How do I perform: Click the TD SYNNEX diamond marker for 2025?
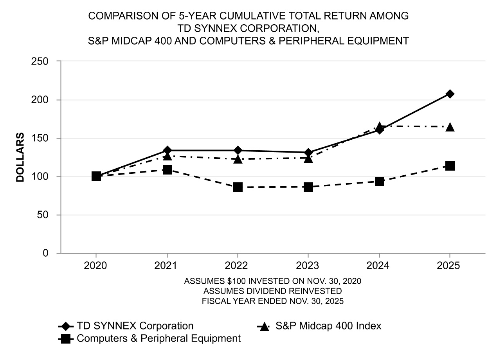(x=450, y=94)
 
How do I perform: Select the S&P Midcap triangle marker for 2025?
(x=450, y=127)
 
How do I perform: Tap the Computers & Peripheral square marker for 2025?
(x=450, y=166)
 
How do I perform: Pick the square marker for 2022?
(x=238, y=187)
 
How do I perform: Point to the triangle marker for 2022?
(x=238, y=159)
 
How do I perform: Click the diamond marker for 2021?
(x=167, y=150)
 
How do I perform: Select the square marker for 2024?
(x=379, y=181)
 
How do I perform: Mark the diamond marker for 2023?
(x=308, y=152)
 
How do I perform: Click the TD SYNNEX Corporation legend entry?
(x=135, y=326)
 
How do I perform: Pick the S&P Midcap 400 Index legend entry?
(x=328, y=326)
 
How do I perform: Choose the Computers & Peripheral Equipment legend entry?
(x=158, y=338)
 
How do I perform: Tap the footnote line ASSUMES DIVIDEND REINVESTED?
(x=273, y=291)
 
